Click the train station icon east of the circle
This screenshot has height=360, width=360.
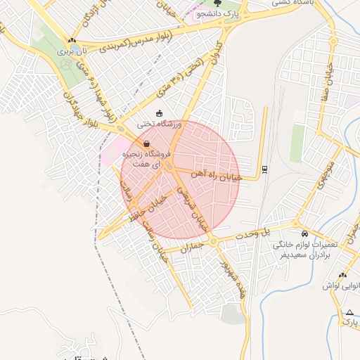264,169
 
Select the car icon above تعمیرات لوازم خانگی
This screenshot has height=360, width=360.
304,233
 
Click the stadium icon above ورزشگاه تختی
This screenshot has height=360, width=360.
160,114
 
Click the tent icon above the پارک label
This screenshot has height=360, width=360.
349,312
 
